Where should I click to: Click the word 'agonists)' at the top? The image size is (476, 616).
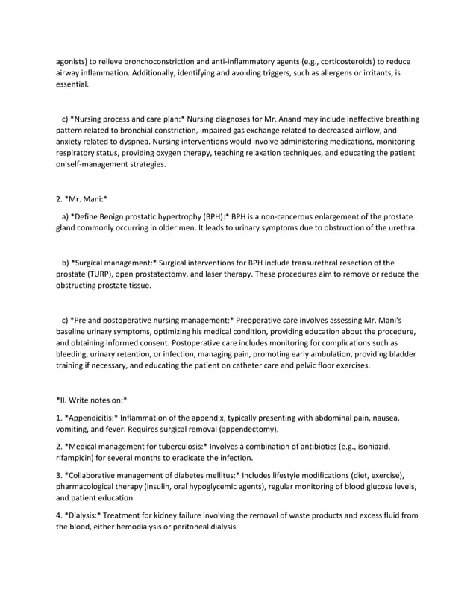pyautogui.click(x=73, y=60)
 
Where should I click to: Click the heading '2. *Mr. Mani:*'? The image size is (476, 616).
pyautogui.click(x=82, y=199)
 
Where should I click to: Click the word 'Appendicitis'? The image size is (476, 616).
pyautogui.click(x=93, y=417)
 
